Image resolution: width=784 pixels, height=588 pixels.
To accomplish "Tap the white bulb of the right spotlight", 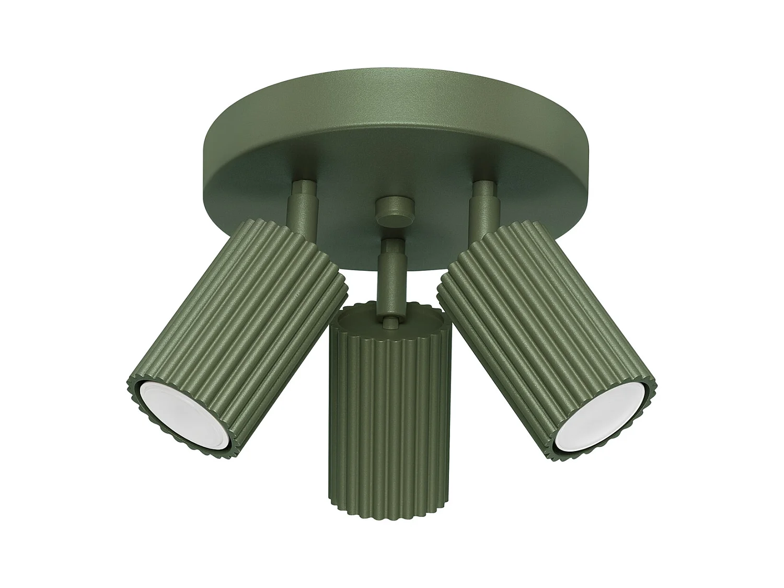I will pyautogui.click(x=601, y=413).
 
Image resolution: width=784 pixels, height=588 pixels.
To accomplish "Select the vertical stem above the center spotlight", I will pyautogui.click(x=390, y=282).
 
